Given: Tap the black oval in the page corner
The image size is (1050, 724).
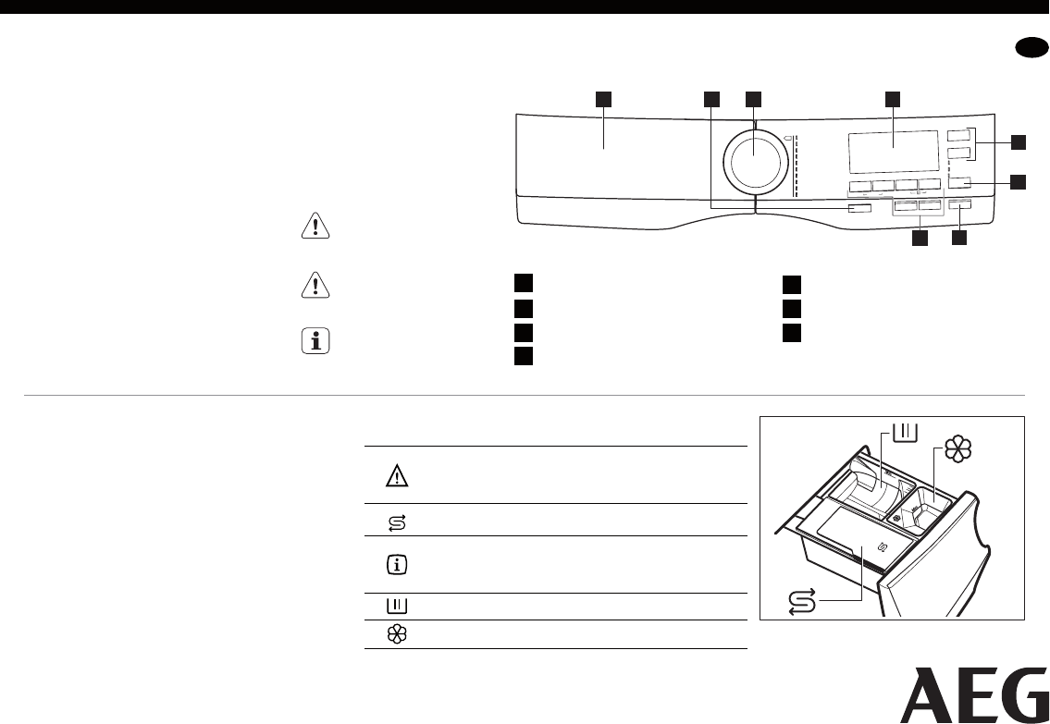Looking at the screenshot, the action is coord(1031,50).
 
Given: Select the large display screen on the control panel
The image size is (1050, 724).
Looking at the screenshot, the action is coord(893,152).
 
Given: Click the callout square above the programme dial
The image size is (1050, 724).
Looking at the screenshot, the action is coord(754,98).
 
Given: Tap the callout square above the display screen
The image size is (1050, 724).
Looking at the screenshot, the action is coord(893,98).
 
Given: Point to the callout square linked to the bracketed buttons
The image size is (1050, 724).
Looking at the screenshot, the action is coord(1018,141).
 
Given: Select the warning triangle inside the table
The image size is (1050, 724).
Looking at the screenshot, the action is coord(398,475).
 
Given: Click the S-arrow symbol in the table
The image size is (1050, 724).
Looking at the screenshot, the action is coord(397,522).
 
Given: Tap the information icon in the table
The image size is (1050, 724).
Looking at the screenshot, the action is coord(398,564).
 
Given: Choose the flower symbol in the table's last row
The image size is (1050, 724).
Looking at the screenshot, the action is coord(398,634).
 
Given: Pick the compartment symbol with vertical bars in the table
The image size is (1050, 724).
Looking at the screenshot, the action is coord(398,607).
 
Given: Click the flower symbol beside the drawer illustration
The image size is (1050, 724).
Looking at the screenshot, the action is coord(957,449).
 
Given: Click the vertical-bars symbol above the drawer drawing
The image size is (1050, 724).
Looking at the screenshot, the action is coord(906,432).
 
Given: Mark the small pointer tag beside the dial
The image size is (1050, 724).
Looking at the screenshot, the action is coord(788,140).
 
